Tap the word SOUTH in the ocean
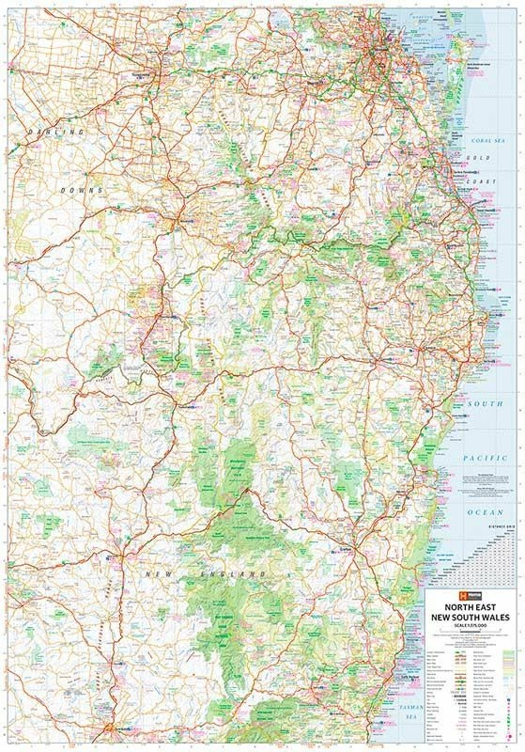[481, 403]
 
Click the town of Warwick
[178, 224]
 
